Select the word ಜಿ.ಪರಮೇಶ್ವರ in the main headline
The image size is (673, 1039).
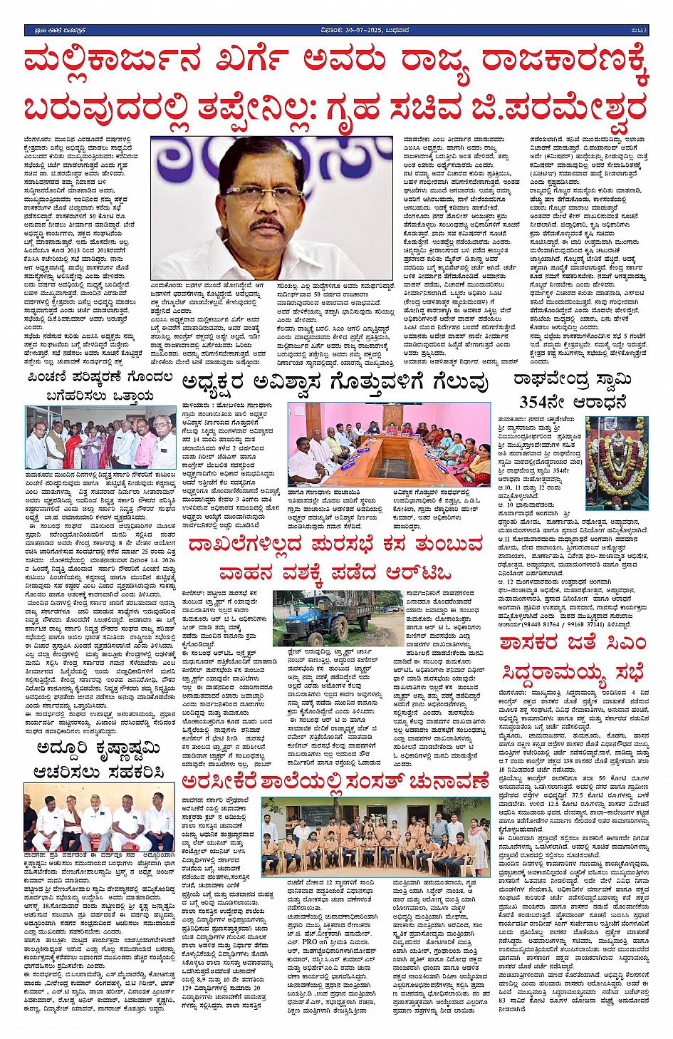click(x=558, y=109)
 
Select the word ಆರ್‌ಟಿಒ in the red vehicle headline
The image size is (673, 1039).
click(x=418, y=574)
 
